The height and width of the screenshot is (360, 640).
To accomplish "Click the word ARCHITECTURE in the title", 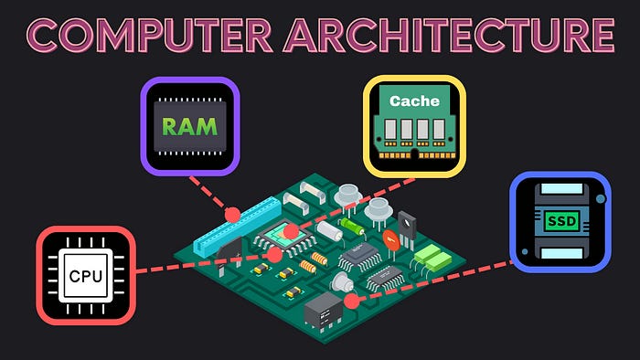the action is [x=448, y=37].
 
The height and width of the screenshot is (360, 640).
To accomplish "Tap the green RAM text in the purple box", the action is [x=190, y=126].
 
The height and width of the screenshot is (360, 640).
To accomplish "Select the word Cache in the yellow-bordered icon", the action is [x=414, y=101].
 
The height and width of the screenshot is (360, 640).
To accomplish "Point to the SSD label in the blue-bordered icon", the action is [x=560, y=221].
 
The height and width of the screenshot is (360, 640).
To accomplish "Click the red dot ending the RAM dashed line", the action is [x=232, y=214].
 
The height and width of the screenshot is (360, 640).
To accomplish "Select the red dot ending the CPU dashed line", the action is [x=274, y=255].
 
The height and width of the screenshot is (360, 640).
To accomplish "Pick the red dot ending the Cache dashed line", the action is [x=291, y=232].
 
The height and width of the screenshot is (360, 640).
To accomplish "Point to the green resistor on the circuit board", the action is [x=350, y=223].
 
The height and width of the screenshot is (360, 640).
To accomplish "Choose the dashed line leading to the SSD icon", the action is [x=439, y=279].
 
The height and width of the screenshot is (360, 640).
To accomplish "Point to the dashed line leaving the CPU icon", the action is [x=201, y=264].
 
